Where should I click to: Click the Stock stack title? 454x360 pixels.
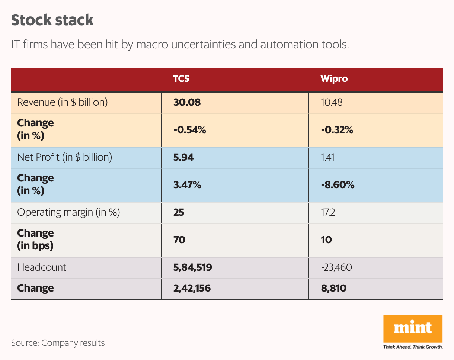point(52,20)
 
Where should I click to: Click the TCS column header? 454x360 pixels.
point(181,79)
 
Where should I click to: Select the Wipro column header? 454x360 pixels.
point(334,79)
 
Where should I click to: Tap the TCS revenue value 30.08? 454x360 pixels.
point(187,102)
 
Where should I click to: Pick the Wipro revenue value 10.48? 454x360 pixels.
point(332,102)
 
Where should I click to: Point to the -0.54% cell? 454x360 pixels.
point(190,130)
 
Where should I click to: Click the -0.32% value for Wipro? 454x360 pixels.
point(337,130)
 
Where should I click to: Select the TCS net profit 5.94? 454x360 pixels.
point(183,157)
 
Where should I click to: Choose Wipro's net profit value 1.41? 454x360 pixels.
point(327,157)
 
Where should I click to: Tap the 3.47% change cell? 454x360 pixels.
point(187,185)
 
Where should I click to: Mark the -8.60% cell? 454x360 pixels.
point(338,185)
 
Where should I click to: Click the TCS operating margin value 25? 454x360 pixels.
point(179,212)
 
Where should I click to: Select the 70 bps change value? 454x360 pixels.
point(179,240)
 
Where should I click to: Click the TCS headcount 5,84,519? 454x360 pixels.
point(192,267)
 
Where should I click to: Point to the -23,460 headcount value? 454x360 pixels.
point(336,267)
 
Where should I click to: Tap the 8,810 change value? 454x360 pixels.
point(333,288)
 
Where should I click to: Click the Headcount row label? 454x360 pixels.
point(42,267)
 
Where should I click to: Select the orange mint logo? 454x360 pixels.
point(413,329)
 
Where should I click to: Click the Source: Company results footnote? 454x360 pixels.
point(58,343)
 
